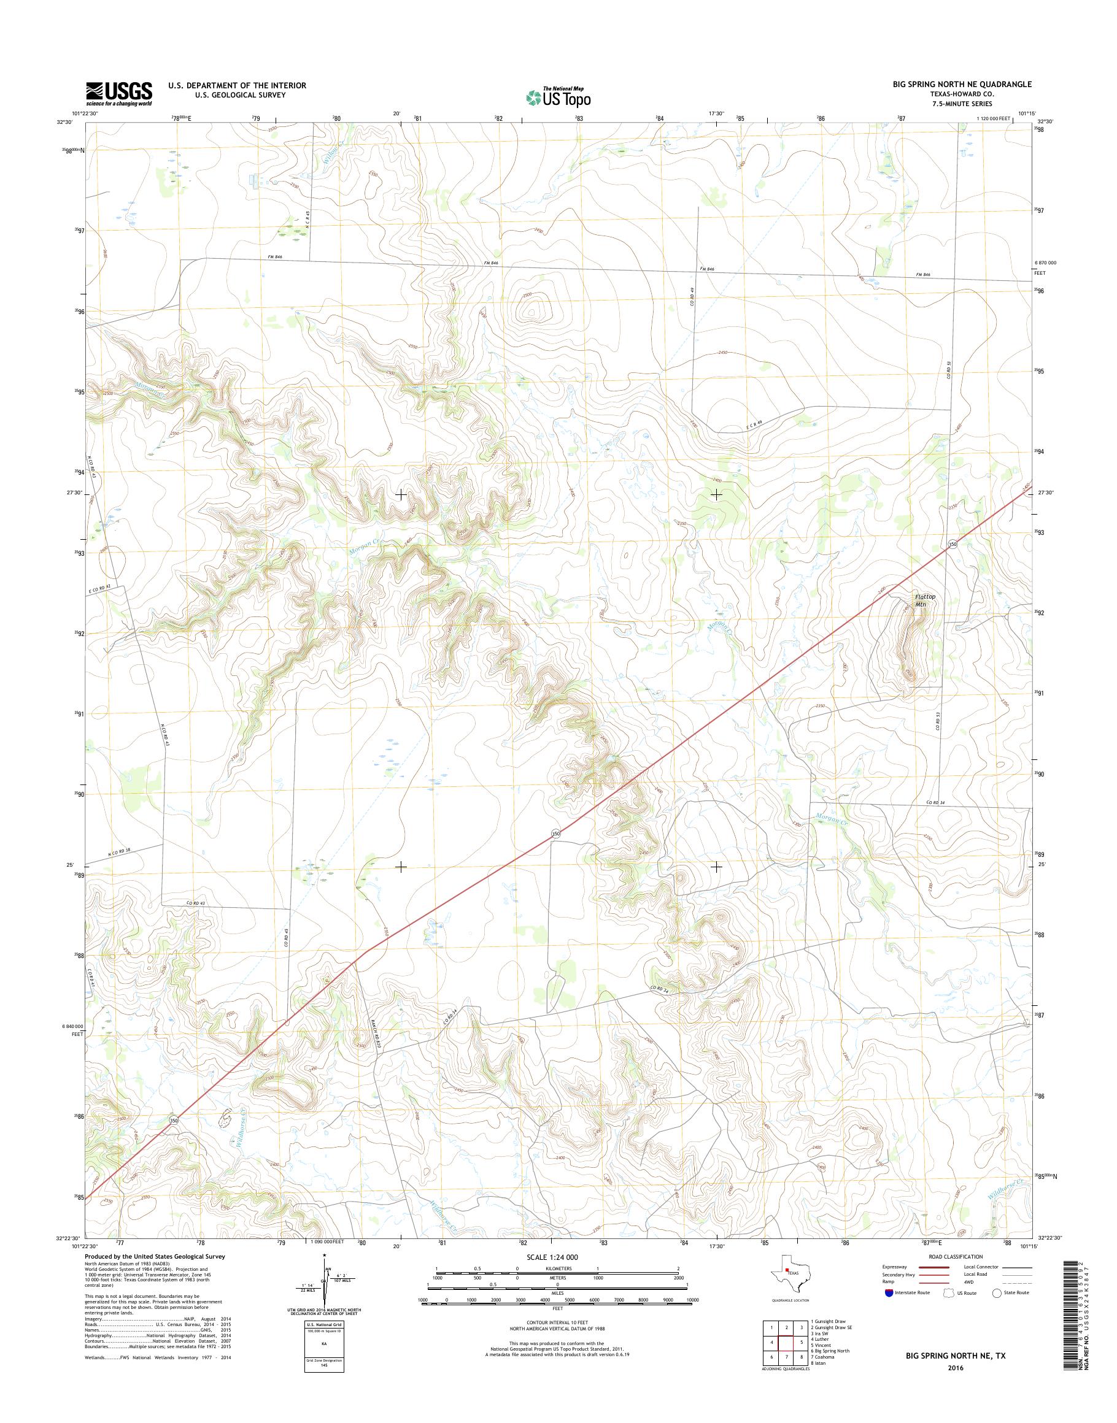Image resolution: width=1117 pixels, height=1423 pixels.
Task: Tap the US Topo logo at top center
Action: tap(558, 97)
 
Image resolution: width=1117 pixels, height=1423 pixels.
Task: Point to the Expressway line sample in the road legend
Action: tap(933, 1267)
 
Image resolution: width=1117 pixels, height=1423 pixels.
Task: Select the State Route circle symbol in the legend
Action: tap(997, 1293)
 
